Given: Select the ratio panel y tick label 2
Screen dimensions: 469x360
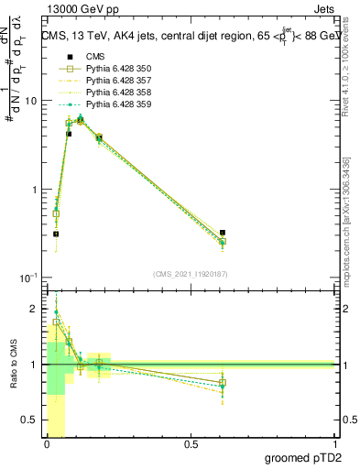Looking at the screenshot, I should pos(35,309).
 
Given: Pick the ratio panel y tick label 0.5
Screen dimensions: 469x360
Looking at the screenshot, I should pos(30,420).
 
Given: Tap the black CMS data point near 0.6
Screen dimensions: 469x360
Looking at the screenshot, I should pos(223,234).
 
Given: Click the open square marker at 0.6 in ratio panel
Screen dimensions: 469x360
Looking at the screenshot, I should pos(223,383).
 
